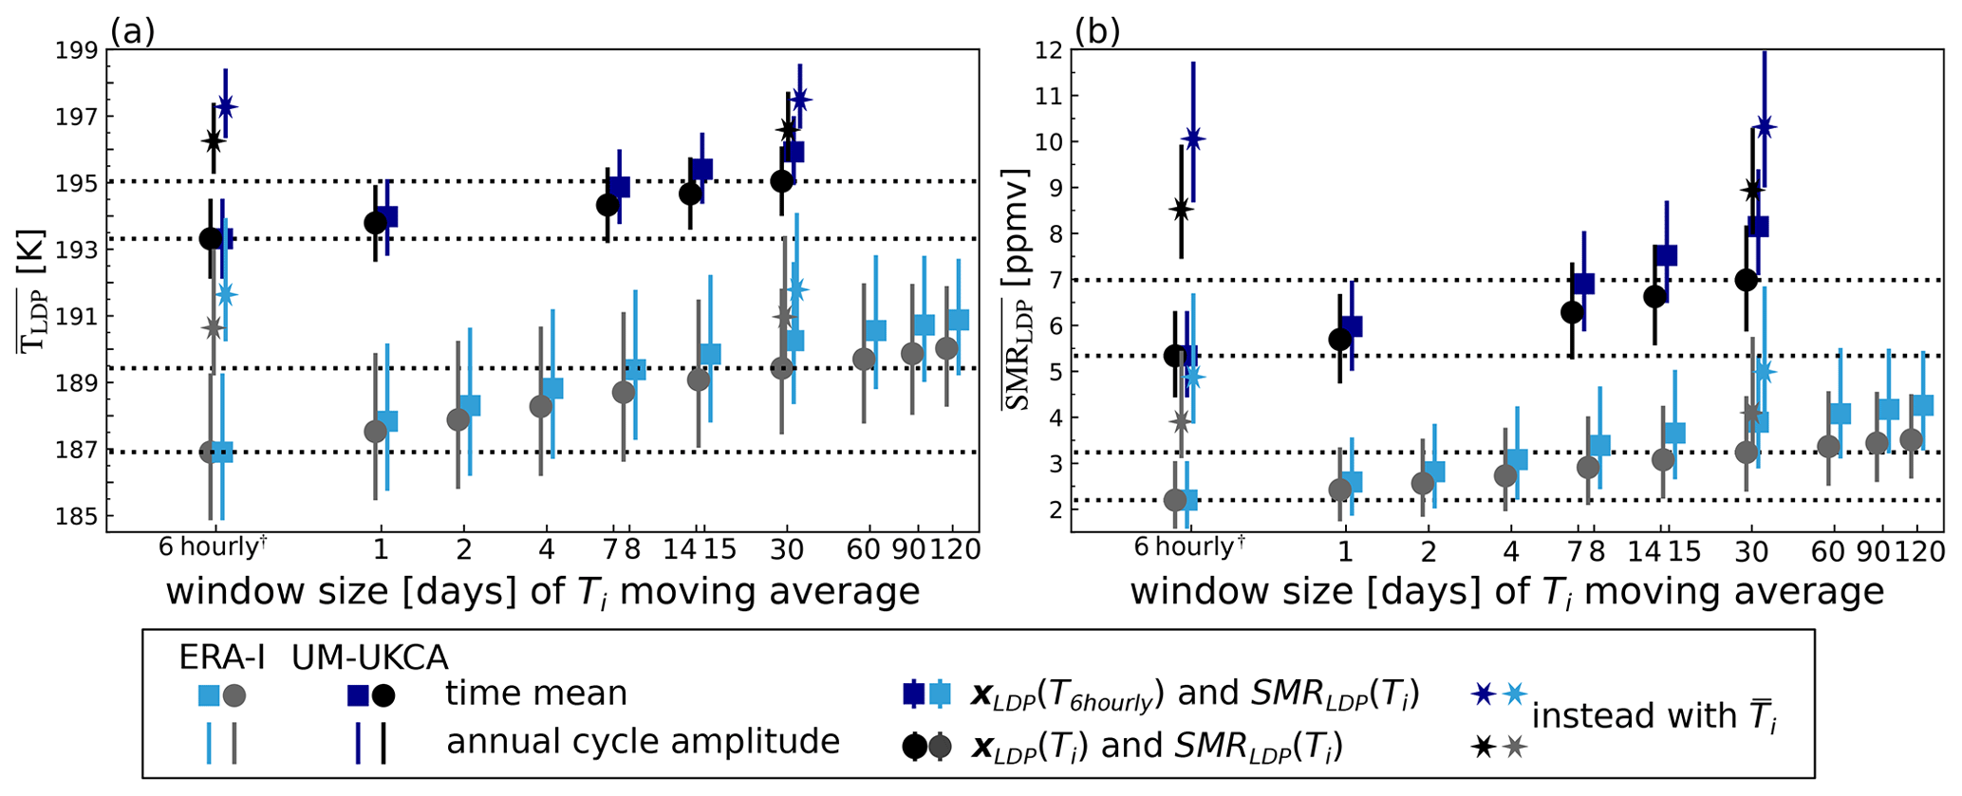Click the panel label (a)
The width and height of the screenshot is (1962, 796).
tap(132, 32)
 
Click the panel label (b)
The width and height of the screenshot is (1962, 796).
tap(1097, 32)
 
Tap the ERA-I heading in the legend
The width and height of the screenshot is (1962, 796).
tap(222, 657)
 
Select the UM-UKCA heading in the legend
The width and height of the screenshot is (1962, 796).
tap(370, 657)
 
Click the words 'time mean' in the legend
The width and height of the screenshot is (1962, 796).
tap(536, 694)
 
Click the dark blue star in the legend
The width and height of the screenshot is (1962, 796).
tap(1483, 694)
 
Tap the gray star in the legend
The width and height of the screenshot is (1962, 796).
tap(1515, 748)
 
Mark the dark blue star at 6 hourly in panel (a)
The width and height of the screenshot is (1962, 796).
tap(226, 106)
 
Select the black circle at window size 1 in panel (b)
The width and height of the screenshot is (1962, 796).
tap(1340, 339)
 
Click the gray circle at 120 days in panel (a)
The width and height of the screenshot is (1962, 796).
tap(946, 348)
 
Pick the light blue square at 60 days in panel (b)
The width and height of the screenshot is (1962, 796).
tap(1841, 414)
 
